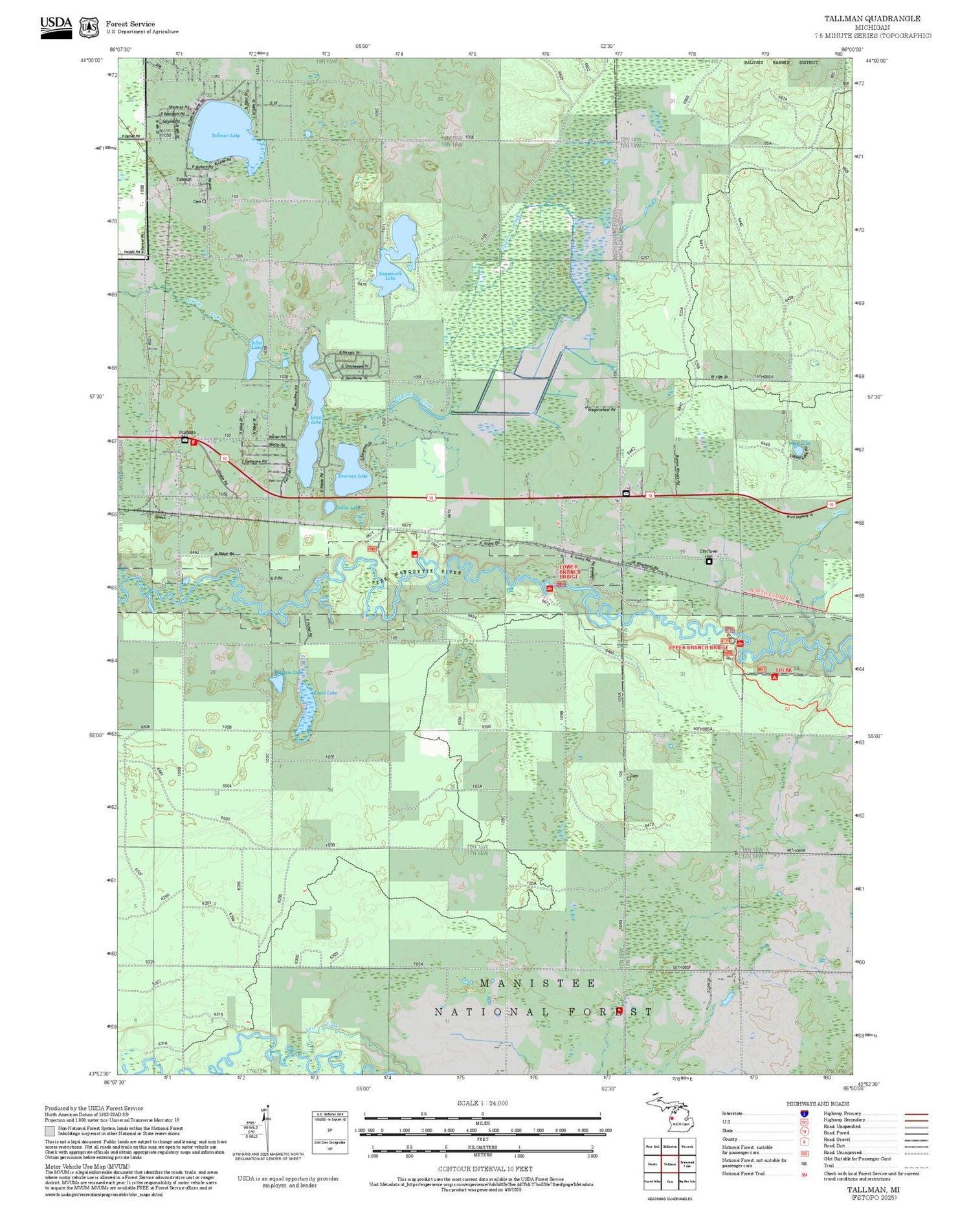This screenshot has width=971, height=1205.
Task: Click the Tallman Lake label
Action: (x=226, y=135)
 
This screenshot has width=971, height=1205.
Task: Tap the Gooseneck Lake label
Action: (x=391, y=275)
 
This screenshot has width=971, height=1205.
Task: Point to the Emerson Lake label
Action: (x=353, y=476)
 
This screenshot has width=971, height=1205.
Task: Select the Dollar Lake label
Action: (x=347, y=507)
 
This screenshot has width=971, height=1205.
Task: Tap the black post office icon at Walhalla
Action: (x=185, y=440)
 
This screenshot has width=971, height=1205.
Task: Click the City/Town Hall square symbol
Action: (x=709, y=561)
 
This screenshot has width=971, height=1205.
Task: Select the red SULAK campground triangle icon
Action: (x=774, y=677)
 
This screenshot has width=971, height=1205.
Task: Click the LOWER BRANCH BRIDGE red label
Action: (x=569, y=571)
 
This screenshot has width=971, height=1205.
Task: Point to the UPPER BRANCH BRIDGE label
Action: (x=698, y=647)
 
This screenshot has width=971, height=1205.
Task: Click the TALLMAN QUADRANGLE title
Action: (x=872, y=19)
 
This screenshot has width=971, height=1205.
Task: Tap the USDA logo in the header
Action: (x=56, y=27)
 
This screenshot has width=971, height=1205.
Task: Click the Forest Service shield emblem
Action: (x=89, y=27)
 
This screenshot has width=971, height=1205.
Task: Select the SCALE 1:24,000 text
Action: (x=482, y=1103)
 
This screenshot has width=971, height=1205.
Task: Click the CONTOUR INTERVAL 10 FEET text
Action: (x=485, y=1169)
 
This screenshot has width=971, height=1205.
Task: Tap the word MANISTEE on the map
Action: (x=537, y=983)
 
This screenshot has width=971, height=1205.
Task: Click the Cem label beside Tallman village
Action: (x=197, y=201)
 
